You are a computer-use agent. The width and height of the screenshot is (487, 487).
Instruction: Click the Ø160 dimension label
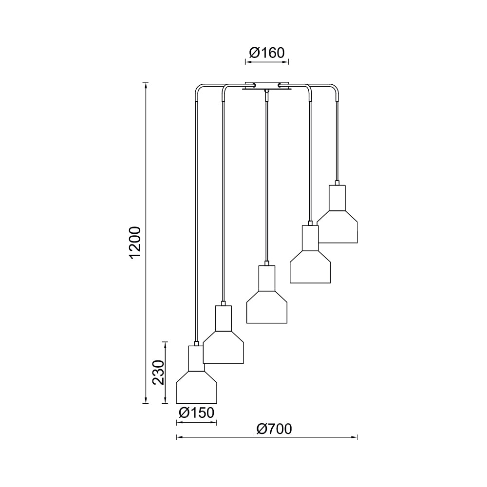pos(266,53)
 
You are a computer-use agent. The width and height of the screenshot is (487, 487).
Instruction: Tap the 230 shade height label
pos(159,372)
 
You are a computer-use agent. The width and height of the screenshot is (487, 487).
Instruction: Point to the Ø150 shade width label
pos(196,413)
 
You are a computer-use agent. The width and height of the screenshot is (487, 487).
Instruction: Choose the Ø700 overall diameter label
pos(274,429)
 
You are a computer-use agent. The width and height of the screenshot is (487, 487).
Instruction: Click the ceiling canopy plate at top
pos(266,86)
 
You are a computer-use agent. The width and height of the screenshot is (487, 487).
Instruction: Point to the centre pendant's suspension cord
pos(266,180)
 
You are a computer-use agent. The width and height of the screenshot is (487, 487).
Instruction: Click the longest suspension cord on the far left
pos(196,219)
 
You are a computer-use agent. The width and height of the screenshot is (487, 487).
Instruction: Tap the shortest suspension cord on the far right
pos(337,141)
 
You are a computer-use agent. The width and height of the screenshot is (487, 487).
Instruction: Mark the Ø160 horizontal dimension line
pos(266,62)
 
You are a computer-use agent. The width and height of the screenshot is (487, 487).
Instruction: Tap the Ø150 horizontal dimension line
pos(196,422)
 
